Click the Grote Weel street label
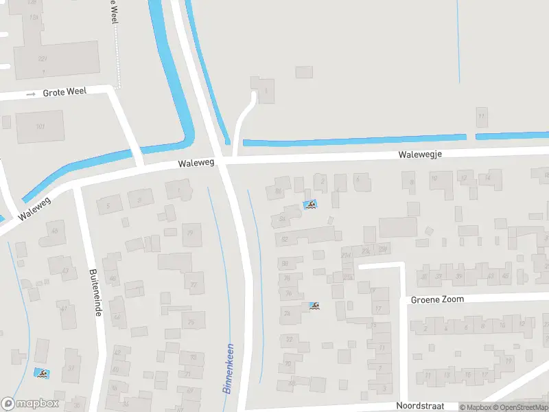[x=65, y=92]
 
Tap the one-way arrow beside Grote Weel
[x=30, y=93]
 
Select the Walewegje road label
[x=419, y=154]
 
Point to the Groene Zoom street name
[x=437, y=299]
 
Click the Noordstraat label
[x=420, y=406]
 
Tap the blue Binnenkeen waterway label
[x=229, y=368]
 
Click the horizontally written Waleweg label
[x=196, y=163]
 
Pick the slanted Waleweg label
[x=36, y=205]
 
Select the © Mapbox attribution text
[x=476, y=407]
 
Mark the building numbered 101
[x=40, y=126]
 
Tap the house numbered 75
[x=192, y=321]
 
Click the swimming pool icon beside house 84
[x=310, y=205]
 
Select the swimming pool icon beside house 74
[x=314, y=306]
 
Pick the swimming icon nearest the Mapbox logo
[x=42, y=373]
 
